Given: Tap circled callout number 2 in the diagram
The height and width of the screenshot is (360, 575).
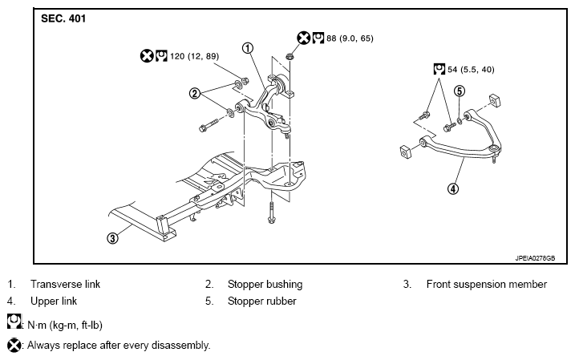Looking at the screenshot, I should pos(195,94).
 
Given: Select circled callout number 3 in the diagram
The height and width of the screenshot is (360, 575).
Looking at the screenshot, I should pos(113,237).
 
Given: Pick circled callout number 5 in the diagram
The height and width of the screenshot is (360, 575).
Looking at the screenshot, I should pos(460,91).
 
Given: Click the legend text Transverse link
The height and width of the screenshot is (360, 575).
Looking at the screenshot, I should pos(65,284).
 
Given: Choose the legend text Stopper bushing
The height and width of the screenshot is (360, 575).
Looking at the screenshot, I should pos(265,284).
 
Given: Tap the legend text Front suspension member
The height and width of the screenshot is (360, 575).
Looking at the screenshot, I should pos(486,284).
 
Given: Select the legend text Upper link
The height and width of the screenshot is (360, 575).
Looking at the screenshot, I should pos(52,301).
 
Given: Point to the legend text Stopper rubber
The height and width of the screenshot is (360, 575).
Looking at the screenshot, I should pos(261,301).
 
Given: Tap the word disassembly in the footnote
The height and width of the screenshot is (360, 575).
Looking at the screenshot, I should pos(185,346).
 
